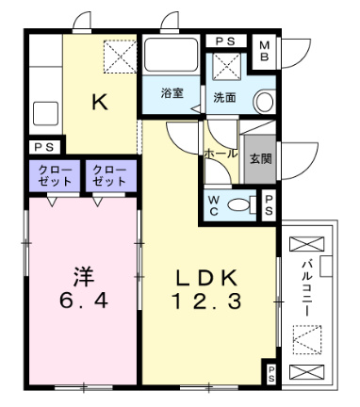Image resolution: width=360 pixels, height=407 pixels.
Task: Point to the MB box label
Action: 264,50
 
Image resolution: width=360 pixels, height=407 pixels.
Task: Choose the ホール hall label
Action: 221,152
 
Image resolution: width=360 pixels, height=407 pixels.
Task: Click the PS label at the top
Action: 224,41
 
